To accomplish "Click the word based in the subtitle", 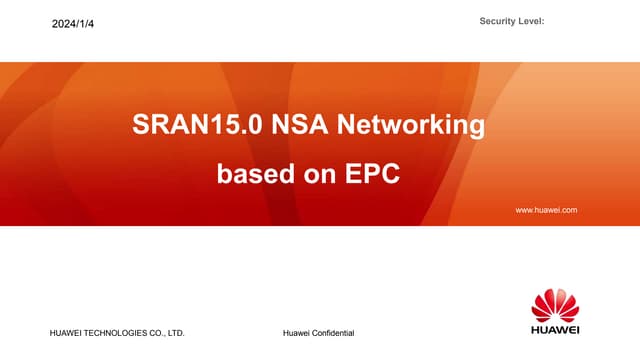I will (251, 174).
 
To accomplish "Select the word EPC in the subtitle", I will (372, 174).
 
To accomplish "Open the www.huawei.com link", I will (546, 210).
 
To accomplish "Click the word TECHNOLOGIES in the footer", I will (121, 332).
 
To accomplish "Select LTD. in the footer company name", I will (176, 332).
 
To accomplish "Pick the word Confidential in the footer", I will (333, 332).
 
